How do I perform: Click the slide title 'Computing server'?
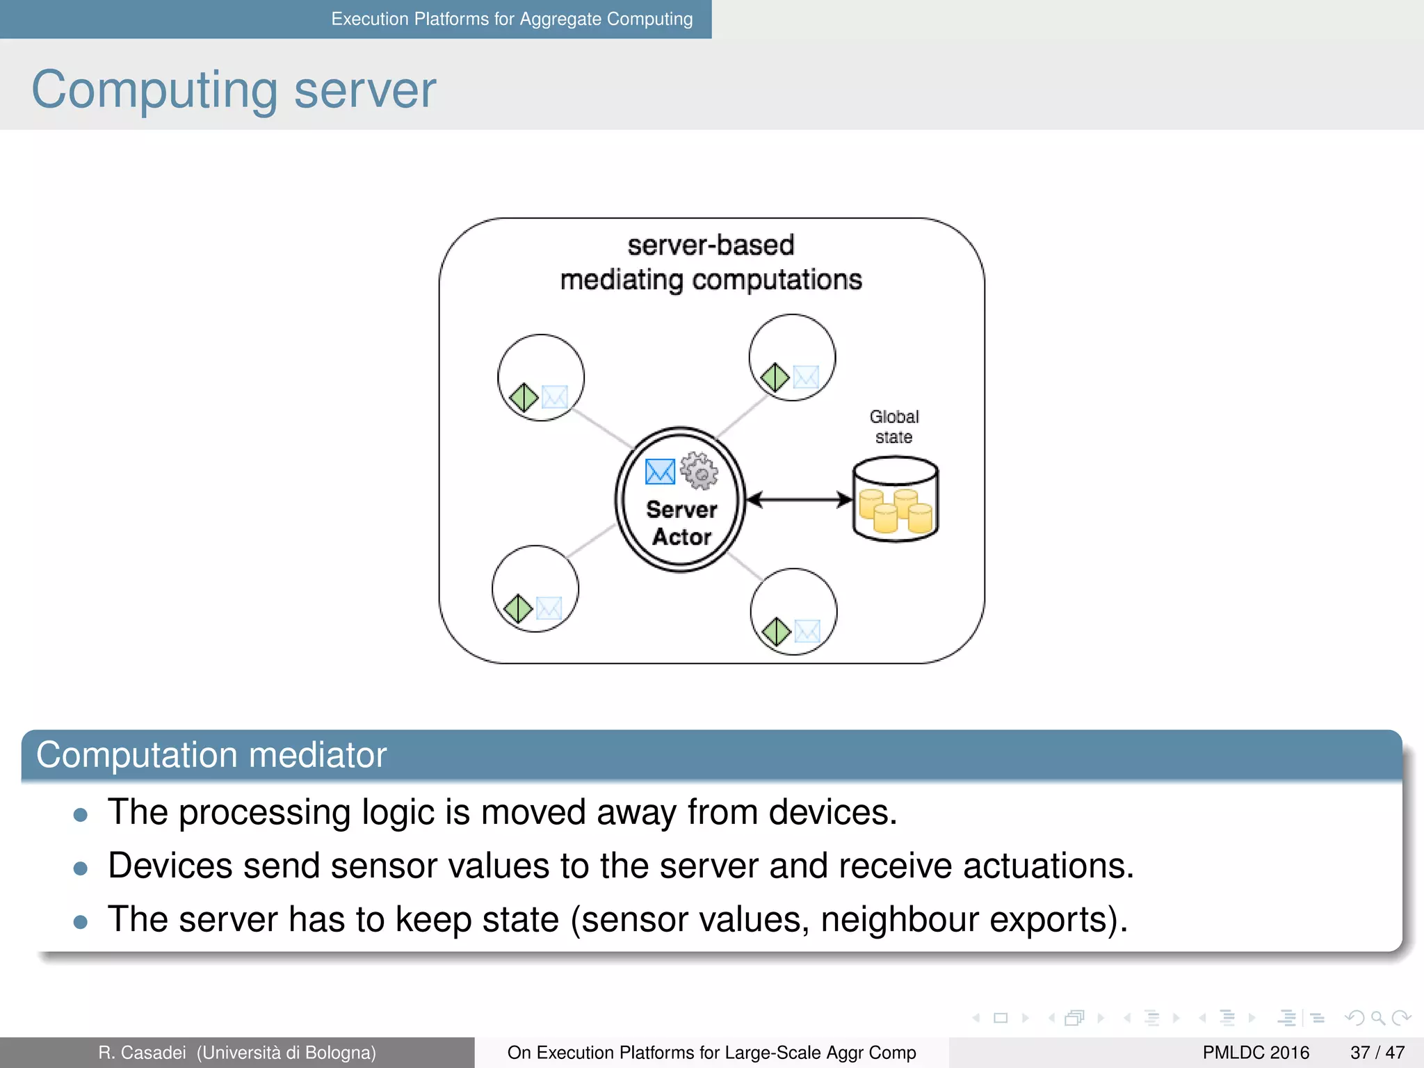pyautogui.click(x=234, y=90)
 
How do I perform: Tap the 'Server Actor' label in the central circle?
pyautogui.click(x=681, y=523)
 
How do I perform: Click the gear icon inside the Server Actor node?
pyautogui.click(x=699, y=471)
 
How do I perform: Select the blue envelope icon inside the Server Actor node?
pyautogui.click(x=660, y=471)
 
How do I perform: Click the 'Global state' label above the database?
pyautogui.click(x=894, y=426)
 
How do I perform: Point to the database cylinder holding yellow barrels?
pyautogui.click(x=896, y=499)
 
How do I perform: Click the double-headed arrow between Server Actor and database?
pyautogui.click(x=799, y=499)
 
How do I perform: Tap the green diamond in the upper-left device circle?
pyautogui.click(x=524, y=398)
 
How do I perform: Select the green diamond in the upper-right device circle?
pyautogui.click(x=775, y=378)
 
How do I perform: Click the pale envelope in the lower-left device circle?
pyautogui.click(x=549, y=608)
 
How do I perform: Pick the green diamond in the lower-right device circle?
pyautogui.click(x=776, y=632)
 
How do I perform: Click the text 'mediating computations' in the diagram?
pyautogui.click(x=711, y=280)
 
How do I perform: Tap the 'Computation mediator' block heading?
pyautogui.click(x=211, y=755)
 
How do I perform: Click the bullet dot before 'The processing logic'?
pyautogui.click(x=81, y=815)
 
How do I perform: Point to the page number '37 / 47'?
pyautogui.click(x=1377, y=1053)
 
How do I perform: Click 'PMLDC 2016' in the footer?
pyautogui.click(x=1256, y=1053)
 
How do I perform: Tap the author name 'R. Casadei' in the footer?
pyautogui.click(x=142, y=1053)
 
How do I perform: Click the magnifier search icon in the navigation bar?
pyautogui.click(x=1377, y=1018)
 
